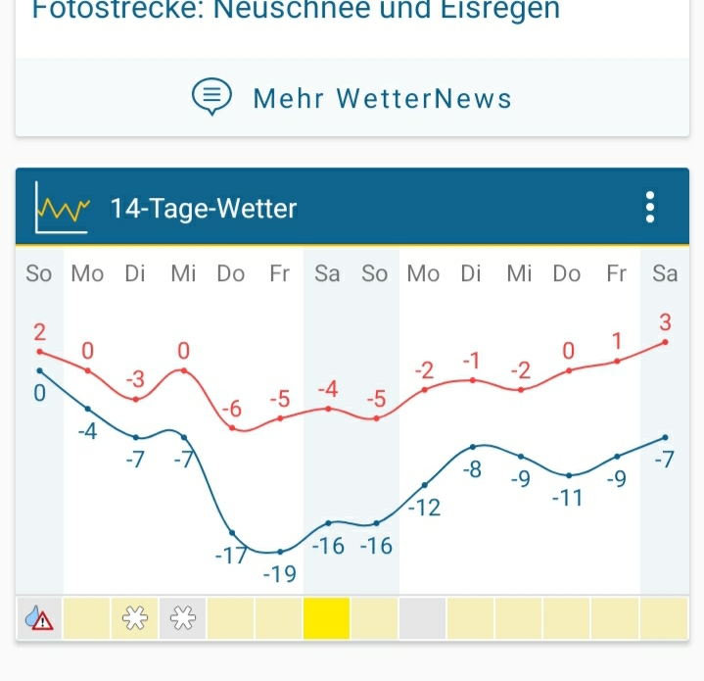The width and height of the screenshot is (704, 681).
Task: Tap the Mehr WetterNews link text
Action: [382, 99]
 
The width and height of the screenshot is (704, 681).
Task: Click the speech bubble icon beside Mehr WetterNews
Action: [211, 97]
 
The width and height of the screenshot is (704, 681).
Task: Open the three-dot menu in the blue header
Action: [649, 208]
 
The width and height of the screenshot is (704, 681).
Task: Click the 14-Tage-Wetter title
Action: [204, 209]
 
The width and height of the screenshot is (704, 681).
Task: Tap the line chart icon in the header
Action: [62, 207]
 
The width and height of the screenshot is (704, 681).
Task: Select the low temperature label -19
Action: [280, 574]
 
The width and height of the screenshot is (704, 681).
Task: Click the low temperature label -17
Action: [231, 556]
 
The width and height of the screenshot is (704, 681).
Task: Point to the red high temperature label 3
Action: [666, 321]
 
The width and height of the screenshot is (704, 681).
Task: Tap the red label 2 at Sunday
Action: [40, 331]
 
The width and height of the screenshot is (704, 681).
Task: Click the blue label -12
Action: [424, 508]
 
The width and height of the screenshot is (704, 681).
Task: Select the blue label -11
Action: [567, 498]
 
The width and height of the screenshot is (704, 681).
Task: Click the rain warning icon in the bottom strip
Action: [39, 618]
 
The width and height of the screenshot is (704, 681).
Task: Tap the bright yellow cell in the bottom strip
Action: [327, 618]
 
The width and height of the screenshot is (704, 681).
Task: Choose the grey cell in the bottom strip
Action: [423, 618]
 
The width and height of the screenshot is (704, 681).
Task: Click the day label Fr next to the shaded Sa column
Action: [280, 274]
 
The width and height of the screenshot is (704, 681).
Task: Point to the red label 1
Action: [617, 341]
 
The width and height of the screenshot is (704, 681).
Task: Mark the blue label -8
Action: [472, 469]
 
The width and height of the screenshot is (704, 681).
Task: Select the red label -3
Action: [136, 379]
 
